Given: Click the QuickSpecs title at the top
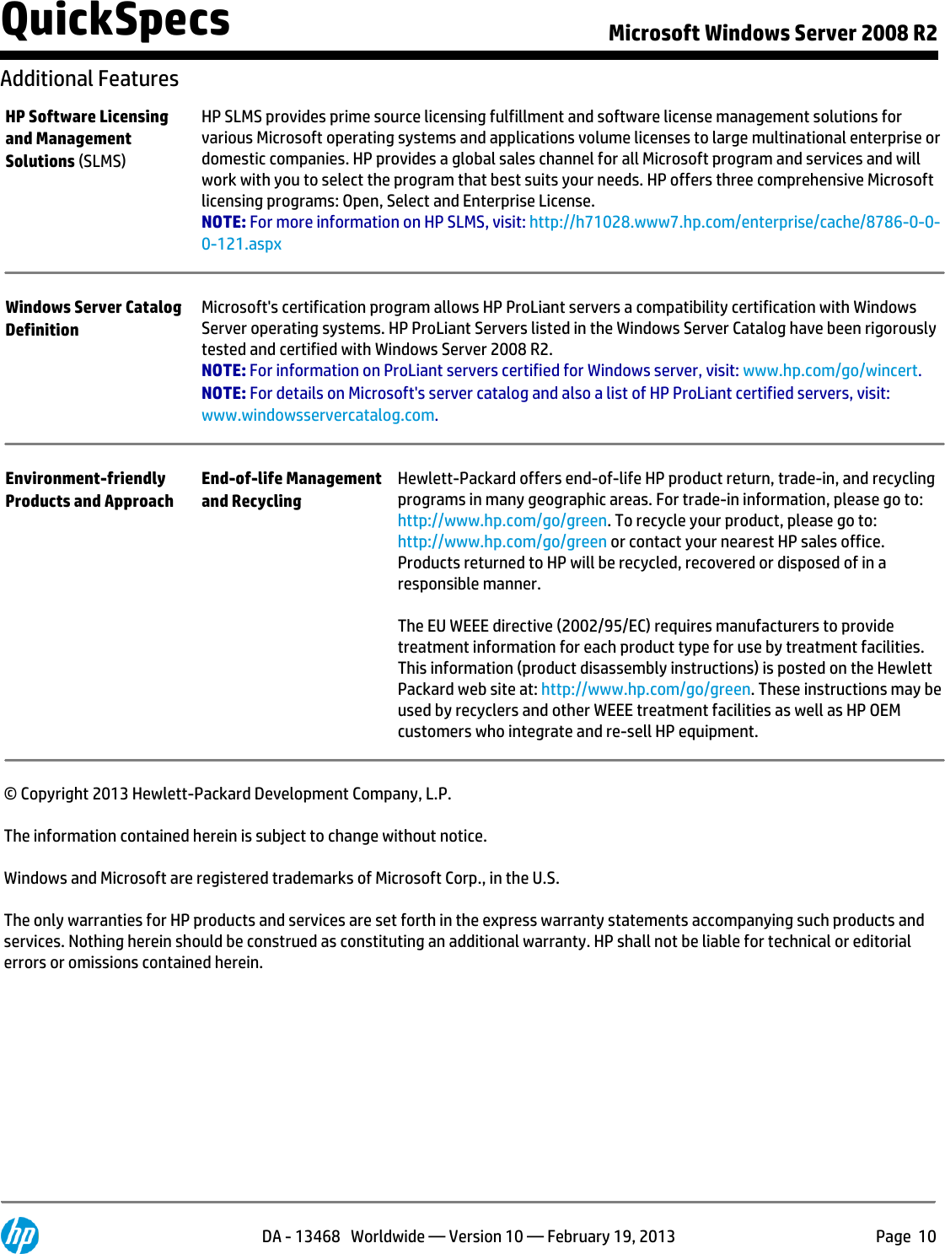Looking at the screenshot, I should coord(115,21).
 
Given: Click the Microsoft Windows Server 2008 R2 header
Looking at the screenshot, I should coord(772,33).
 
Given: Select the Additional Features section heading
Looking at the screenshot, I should coord(89,78).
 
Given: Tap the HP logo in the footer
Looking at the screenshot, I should coord(19,1235).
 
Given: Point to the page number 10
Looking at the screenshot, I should coord(926,1236).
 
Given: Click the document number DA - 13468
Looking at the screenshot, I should coord(300,1236).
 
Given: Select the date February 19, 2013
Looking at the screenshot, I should coord(611,1236).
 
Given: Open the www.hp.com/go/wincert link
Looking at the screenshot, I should coord(830,370).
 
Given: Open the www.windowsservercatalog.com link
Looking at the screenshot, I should coord(318,415).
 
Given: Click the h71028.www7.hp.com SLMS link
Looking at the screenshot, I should coord(733,222).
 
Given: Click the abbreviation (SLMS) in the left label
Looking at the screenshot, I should coord(102,161).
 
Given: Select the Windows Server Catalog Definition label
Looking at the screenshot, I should coord(93,318).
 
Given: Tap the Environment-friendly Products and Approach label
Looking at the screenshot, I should coord(89,489).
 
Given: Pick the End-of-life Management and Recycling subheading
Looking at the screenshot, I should coord(291,489).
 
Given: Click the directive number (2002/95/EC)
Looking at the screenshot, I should coord(603,626).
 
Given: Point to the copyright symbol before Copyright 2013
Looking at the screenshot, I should coord(10,794).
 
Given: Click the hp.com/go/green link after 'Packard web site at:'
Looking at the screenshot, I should coord(645,689).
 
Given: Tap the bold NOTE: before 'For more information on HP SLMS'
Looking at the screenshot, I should coord(223,222).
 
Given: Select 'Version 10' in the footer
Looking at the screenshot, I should coord(486,1236).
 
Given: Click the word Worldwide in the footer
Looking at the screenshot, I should coord(388,1236).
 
